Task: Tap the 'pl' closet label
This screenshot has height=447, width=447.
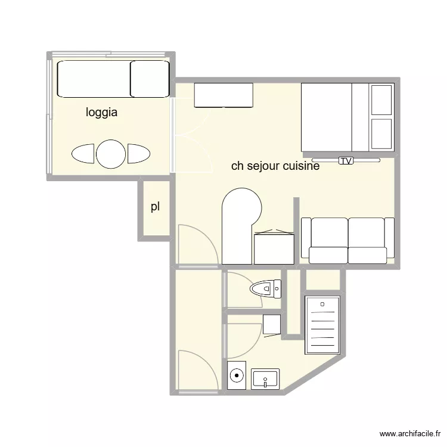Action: (x=155, y=207)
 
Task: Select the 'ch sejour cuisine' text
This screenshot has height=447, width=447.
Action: (x=275, y=166)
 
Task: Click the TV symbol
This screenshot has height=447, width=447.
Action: (x=345, y=160)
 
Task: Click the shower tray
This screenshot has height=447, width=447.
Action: (x=322, y=325)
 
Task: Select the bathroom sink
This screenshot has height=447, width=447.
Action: (x=265, y=378)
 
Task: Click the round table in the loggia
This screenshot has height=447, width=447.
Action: (x=111, y=154)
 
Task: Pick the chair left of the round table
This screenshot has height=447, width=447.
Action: (x=83, y=154)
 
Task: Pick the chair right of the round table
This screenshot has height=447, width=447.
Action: (x=138, y=154)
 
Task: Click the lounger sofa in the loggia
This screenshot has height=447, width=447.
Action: (x=112, y=79)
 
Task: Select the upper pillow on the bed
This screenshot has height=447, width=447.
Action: (x=381, y=100)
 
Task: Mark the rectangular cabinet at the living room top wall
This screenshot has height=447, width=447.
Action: (x=223, y=95)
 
